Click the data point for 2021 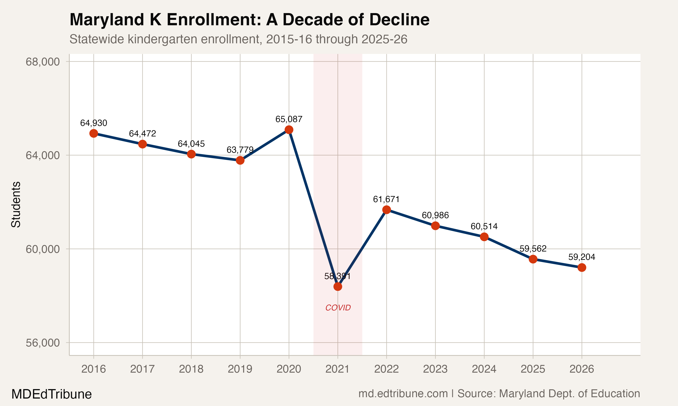[x=338, y=286]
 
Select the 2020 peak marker [x=289, y=130]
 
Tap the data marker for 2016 [x=94, y=134]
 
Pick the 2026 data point [x=582, y=268]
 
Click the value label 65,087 [x=289, y=119]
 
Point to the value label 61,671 [x=386, y=199]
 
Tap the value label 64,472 [x=143, y=134]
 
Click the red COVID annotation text [x=338, y=308]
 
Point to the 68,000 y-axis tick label [x=42, y=62]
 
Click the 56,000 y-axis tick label [x=42, y=343]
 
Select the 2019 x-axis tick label [x=240, y=369]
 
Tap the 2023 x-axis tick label [x=435, y=369]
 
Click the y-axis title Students [x=16, y=204]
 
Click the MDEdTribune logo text [x=52, y=394]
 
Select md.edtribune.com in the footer [x=403, y=394]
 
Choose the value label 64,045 [x=191, y=144]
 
